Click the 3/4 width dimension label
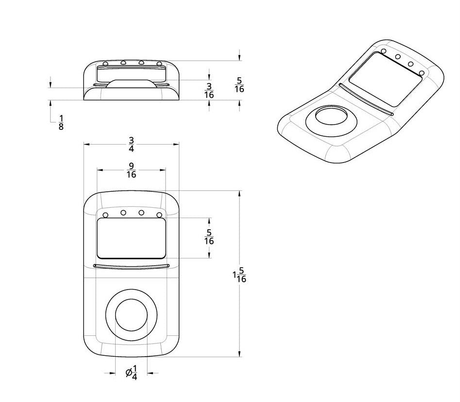131,145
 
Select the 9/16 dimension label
131,170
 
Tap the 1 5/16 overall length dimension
239,276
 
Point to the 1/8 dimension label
61,123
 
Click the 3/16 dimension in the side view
209,91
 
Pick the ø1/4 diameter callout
132,373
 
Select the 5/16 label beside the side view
239,85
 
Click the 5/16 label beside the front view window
209,238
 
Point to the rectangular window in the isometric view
386,80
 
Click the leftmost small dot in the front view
105,215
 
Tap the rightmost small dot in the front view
159,215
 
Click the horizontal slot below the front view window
131,266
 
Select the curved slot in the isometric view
367,100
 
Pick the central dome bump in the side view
132,83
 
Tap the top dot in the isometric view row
384,51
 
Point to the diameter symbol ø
129,373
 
